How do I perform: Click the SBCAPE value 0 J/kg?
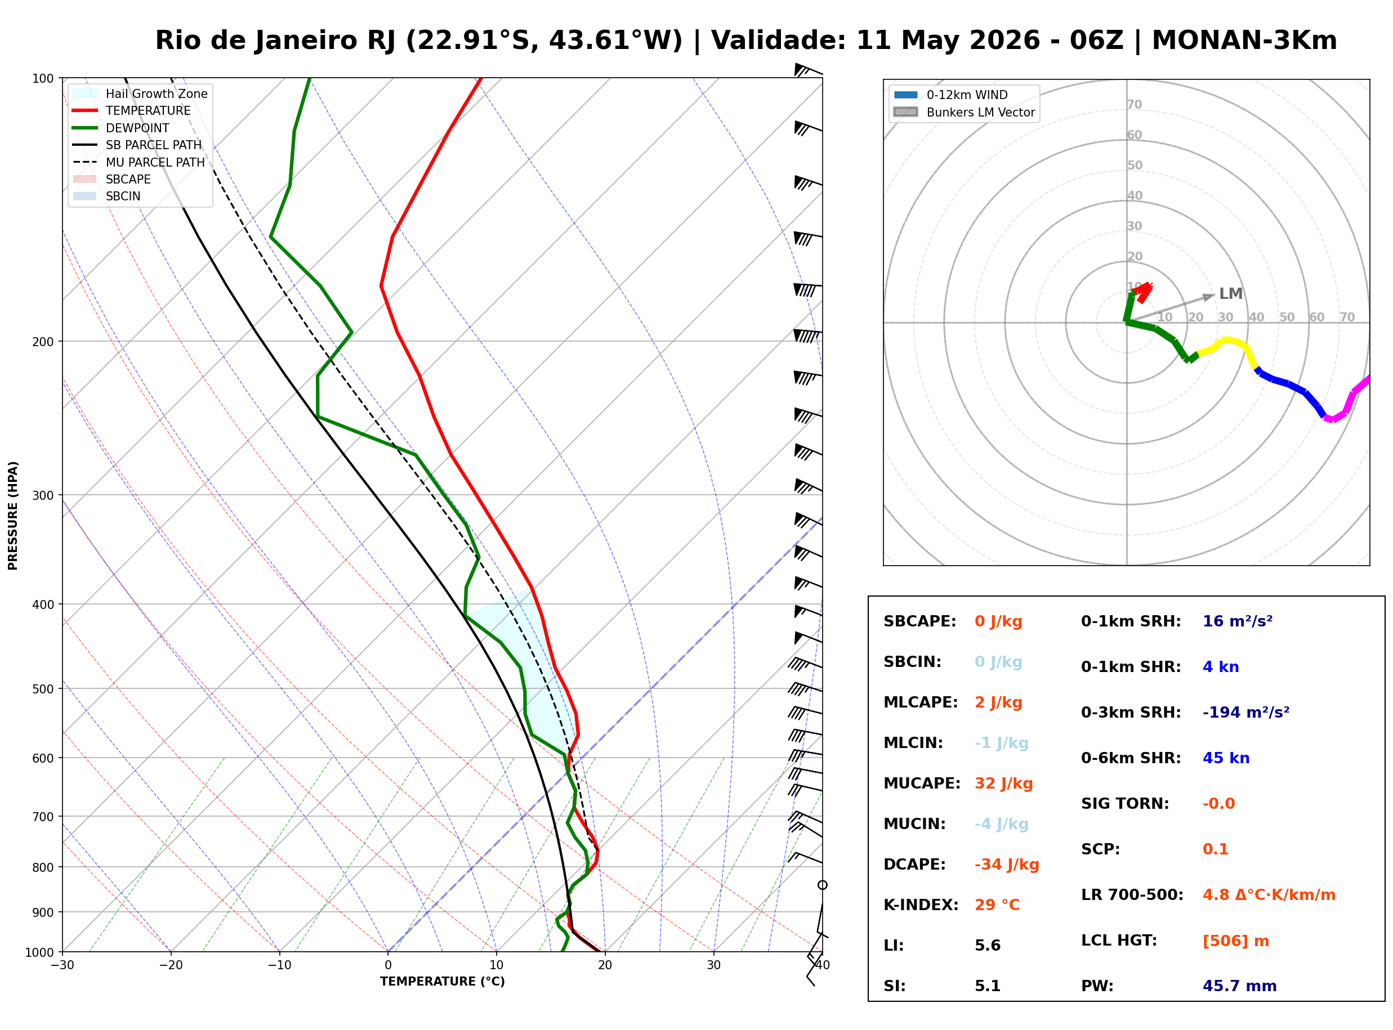[998, 621]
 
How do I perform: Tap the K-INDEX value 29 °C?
[997, 905]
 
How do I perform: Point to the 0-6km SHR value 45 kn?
[1226, 758]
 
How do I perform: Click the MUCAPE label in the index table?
[922, 783]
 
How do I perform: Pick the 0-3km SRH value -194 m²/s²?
[1246, 713]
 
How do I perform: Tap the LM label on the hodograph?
[1230, 294]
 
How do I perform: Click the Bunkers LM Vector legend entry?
[964, 112]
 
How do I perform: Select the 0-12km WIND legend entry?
[950, 95]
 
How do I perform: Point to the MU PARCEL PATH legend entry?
[139, 162]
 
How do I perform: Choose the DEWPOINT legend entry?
[121, 128]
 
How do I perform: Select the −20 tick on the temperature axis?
[170, 965]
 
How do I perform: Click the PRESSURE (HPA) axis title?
[13, 516]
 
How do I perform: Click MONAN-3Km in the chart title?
[1244, 41]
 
